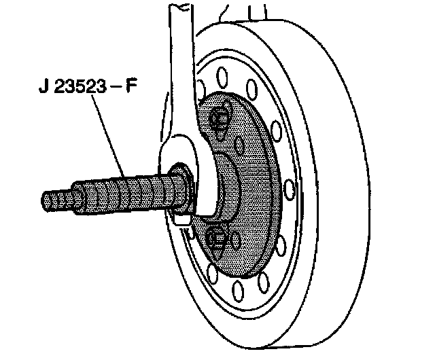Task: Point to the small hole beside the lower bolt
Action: tap(236, 240)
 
